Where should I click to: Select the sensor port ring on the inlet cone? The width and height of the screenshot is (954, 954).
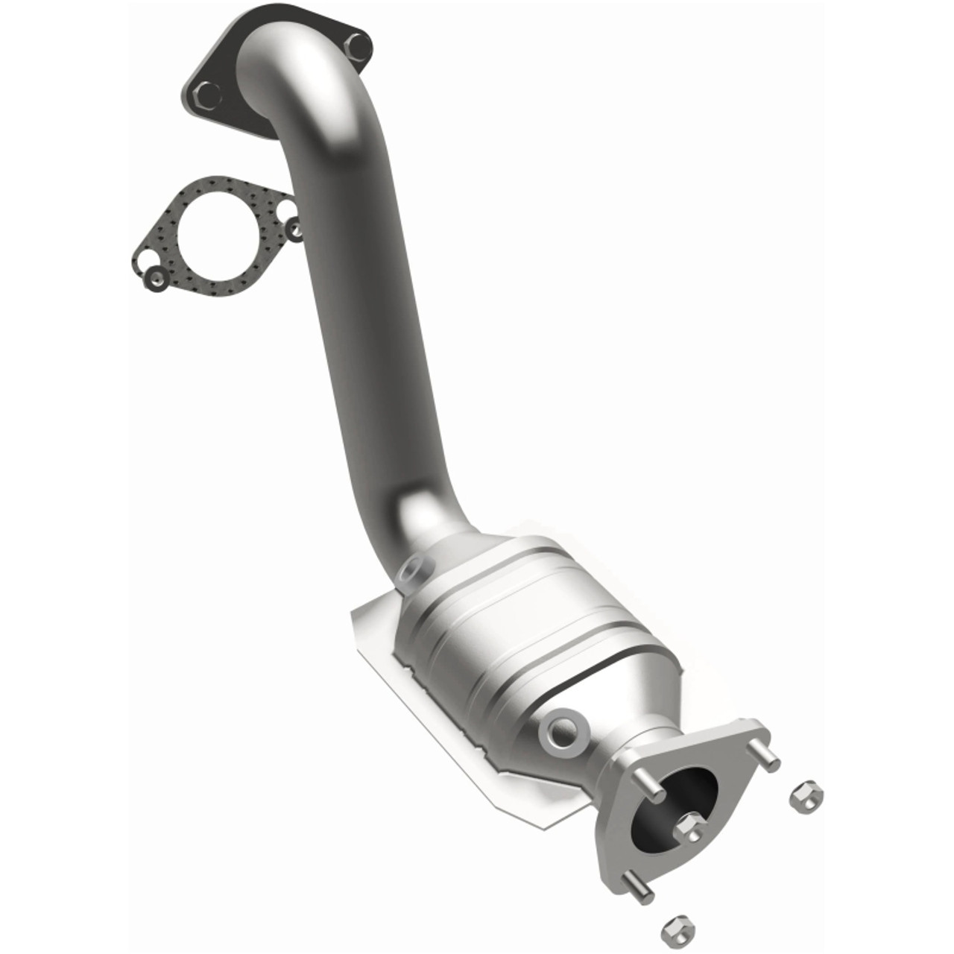coord(414,571)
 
